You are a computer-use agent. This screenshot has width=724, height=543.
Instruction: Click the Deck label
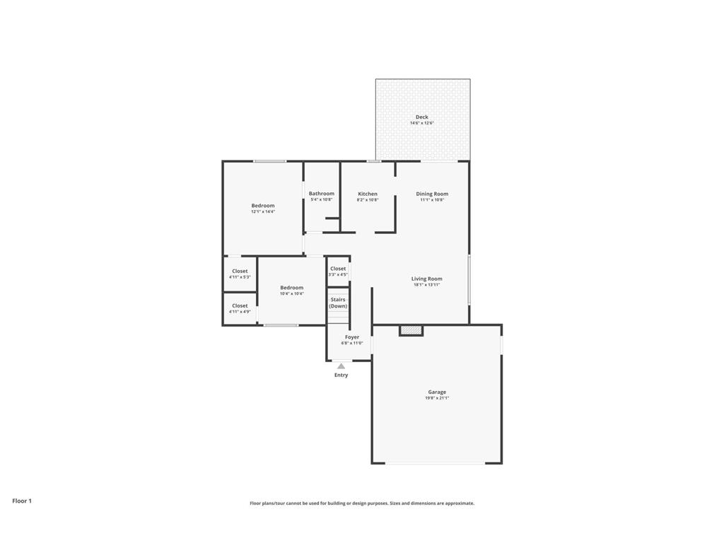coord(421,117)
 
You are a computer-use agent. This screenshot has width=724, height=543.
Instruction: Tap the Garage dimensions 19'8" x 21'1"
coord(437,398)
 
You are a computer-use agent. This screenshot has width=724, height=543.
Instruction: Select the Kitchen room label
coord(367,194)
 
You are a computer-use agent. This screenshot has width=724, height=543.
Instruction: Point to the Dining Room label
coord(431,194)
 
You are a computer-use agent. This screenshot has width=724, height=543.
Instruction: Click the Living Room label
coord(426,279)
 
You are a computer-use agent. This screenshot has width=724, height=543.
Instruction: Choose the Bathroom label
coord(321,194)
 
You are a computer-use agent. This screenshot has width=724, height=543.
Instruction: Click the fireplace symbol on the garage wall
coord(411,329)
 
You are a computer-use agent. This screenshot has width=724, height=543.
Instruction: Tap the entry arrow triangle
coord(341,366)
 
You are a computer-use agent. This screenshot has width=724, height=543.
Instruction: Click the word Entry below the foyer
coord(341,375)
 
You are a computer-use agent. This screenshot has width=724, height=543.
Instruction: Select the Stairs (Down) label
coord(338,303)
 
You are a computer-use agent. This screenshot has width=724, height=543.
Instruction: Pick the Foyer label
coord(351,337)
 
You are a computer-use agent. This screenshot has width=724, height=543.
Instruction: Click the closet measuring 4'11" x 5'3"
coord(240,274)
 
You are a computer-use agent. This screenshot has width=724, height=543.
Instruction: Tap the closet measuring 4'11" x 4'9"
coord(240,308)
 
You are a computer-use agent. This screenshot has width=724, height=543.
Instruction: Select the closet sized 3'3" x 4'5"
coord(338,271)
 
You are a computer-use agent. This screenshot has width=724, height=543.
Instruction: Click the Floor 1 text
coord(22,501)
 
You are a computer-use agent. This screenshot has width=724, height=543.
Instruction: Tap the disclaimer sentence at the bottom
coord(361,503)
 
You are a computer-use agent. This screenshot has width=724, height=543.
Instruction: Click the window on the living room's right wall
coord(469,279)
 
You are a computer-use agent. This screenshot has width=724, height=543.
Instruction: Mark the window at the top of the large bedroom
coord(270,162)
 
